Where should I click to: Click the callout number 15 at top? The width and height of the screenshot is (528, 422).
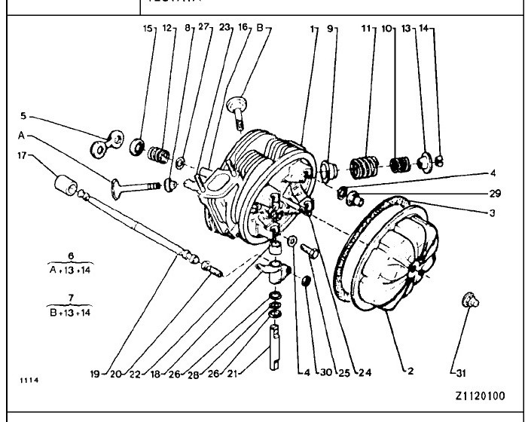click(148, 29)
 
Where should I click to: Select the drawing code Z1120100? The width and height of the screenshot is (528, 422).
click(480, 396)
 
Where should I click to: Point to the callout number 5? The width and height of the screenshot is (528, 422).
click(23, 116)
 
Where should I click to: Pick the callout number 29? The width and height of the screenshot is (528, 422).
click(494, 194)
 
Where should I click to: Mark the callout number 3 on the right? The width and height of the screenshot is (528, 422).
click(492, 213)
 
